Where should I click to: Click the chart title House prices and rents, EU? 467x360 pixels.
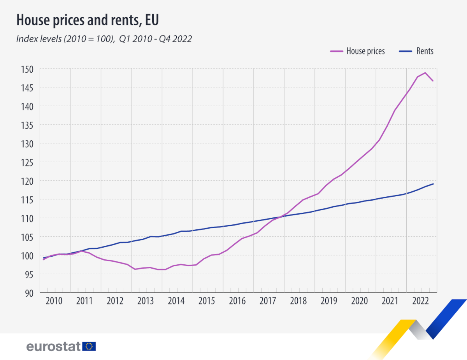[x=88, y=20]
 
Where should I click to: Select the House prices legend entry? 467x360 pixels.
[x=365, y=51]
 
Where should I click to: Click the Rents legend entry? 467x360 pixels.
[x=425, y=51]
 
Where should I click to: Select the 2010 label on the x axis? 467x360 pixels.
[x=54, y=301]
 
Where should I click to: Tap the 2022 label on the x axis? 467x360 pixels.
[x=421, y=301]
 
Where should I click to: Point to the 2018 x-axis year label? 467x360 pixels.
[x=299, y=301]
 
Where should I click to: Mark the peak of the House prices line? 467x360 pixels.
[x=425, y=73]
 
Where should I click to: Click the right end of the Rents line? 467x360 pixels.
[x=433, y=184]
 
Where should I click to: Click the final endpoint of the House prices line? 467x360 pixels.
[x=433, y=81]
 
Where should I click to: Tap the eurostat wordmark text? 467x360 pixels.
[x=53, y=346]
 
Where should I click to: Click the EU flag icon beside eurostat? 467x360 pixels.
[x=89, y=346]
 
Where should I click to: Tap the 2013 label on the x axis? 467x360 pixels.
[x=146, y=301]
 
